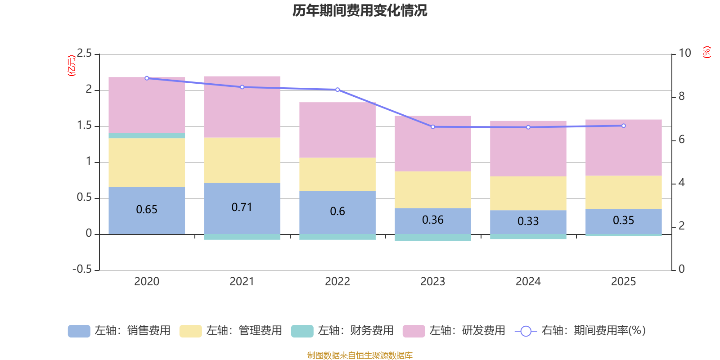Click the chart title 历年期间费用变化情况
click(x=360, y=10)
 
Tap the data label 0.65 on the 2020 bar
click(x=147, y=210)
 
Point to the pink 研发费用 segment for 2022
click(x=337, y=130)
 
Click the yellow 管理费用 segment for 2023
click(x=433, y=189)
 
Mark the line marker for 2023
click(x=433, y=127)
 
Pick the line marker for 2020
click(x=147, y=78)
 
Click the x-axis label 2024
click(x=528, y=282)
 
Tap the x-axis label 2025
click(x=623, y=282)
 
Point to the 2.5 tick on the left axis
click(x=84, y=54)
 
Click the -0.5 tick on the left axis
click(x=82, y=269)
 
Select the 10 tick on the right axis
click(x=684, y=53)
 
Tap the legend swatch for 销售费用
click(x=79, y=331)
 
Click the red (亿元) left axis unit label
click(x=72, y=66)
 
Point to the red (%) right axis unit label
click(x=707, y=52)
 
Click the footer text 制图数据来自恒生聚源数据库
click(x=360, y=355)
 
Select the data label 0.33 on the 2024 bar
click(x=528, y=221)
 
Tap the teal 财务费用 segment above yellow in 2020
click(x=147, y=135)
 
